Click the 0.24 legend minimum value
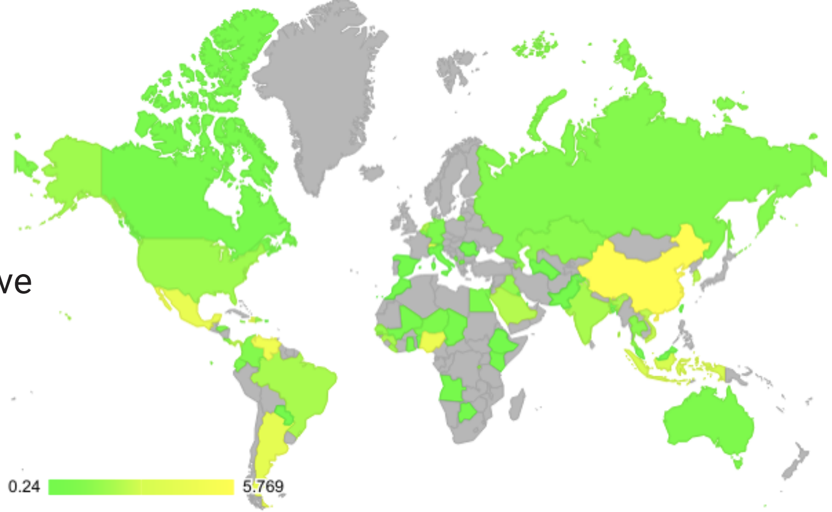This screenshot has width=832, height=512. tap(24, 486)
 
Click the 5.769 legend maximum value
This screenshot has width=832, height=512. tap(263, 486)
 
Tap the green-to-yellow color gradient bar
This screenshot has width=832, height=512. tap(141, 487)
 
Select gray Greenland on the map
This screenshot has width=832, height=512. tap(324, 93)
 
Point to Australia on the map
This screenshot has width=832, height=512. tap(708, 422)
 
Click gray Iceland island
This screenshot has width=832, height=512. tap(372, 173)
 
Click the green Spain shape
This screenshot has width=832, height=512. tap(406, 266)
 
